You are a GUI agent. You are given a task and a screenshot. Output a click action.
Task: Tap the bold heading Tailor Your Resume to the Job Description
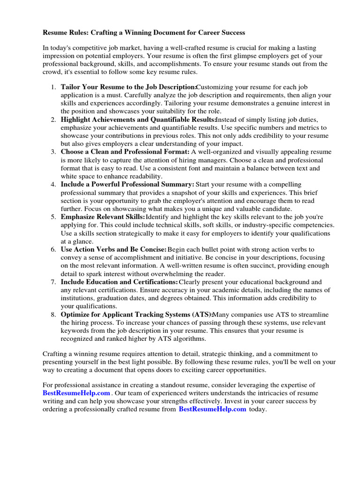pyautogui.click(x=128, y=87)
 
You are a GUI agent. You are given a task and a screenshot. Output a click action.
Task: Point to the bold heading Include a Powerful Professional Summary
pyautogui.click(x=127, y=184)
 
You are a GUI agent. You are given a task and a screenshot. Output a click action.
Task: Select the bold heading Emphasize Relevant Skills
pyautogui.click(x=103, y=217)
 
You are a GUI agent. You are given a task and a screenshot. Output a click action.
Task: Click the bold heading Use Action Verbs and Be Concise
pyautogui.click(x=114, y=249)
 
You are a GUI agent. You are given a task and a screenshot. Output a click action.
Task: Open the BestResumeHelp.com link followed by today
pyautogui.click(x=212, y=409)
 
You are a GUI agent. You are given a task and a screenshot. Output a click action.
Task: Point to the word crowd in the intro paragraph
pyautogui.click(x=52, y=72)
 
